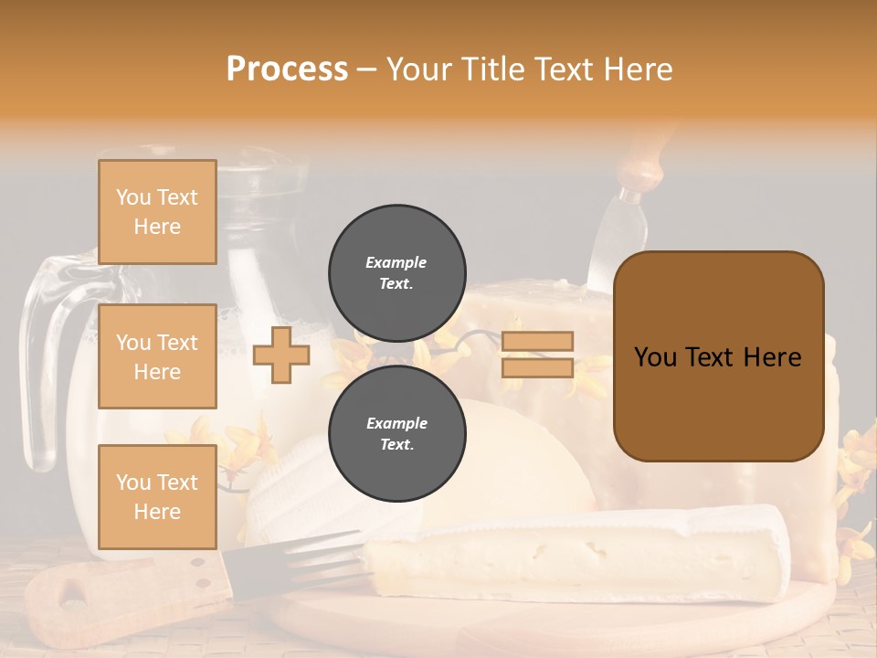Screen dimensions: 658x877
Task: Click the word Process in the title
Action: coord(287,69)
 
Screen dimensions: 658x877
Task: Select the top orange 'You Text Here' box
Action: coord(157,212)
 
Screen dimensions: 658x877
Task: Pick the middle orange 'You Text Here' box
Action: coord(157,356)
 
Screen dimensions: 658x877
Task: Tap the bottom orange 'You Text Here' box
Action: coord(157,496)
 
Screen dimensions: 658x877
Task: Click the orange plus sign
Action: coord(280,356)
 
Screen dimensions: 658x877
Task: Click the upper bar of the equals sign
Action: coord(538,342)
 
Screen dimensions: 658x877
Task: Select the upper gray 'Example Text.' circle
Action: coord(397,273)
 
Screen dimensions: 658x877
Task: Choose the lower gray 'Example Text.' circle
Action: coord(397,434)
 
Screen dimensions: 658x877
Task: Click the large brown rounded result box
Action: coord(718,356)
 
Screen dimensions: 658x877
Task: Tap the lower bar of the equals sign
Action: coord(538,367)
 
